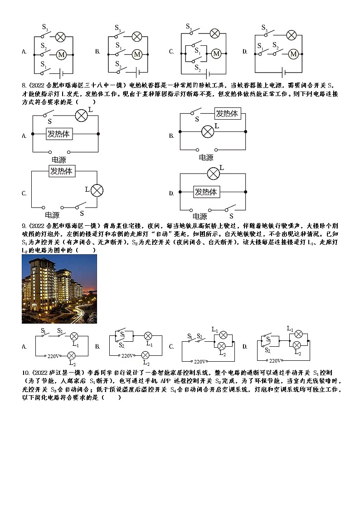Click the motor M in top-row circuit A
(x=61, y=55)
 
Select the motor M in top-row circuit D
(x=293, y=54)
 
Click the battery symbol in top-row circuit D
(x=284, y=72)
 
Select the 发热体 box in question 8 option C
(x=62, y=171)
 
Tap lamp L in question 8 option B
(x=208, y=131)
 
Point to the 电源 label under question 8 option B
(x=206, y=158)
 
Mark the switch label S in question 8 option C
(x=82, y=213)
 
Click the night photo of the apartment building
(x=59, y=289)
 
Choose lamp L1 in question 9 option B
(x=147, y=336)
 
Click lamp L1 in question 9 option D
(x=298, y=334)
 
